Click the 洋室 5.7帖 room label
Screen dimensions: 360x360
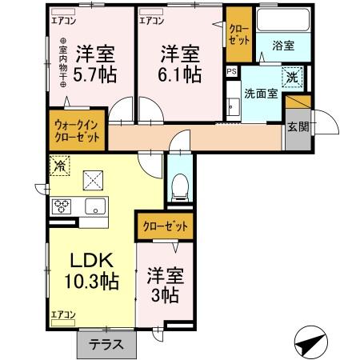(x=95, y=65)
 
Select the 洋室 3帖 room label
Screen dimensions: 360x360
(x=166, y=286)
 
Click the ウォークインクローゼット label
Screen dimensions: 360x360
(x=77, y=131)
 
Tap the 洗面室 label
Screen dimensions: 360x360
(x=261, y=92)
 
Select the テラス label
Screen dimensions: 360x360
(x=106, y=346)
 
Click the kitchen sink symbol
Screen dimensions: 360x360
(x=96, y=207)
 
